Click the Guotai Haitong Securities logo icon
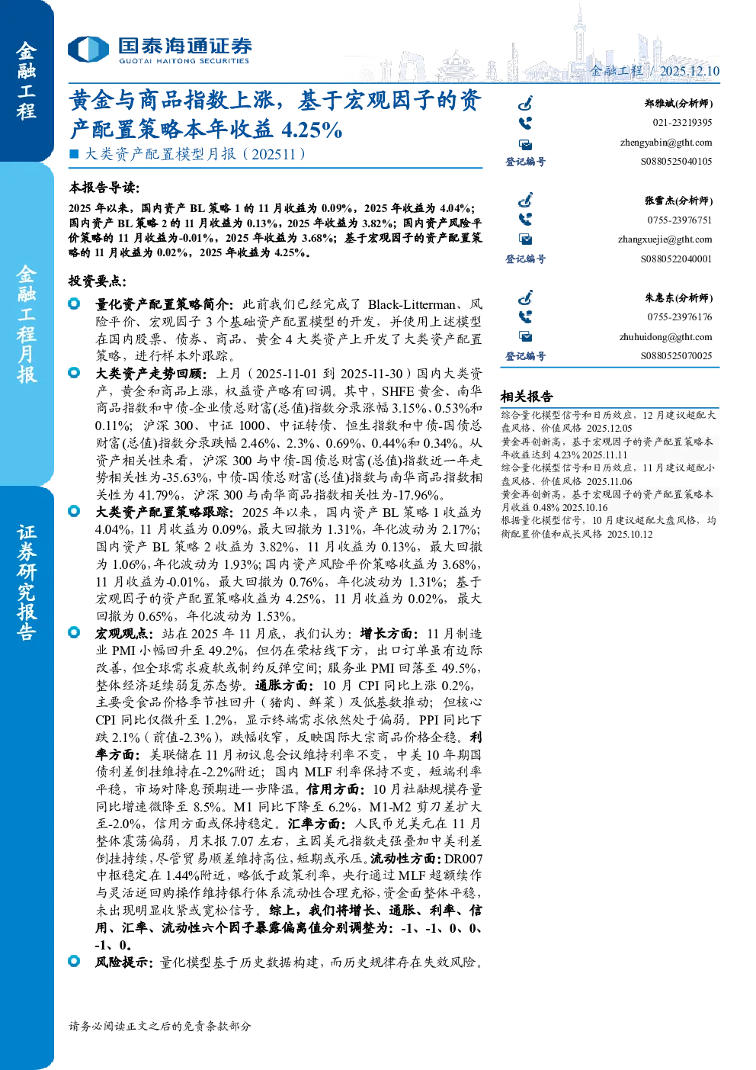click(88, 49)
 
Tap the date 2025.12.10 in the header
click(689, 71)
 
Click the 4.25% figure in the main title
click(312, 130)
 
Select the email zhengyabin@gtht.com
click(666, 143)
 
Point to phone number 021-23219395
click(682, 123)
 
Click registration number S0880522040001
click(676, 259)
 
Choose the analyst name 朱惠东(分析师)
click(678, 298)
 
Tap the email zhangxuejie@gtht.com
click(665, 239)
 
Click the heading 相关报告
click(527, 397)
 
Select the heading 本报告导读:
click(104, 188)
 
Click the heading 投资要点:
click(98, 281)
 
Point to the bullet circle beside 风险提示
click(74, 961)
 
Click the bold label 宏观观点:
click(124, 634)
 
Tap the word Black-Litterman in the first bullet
click(412, 305)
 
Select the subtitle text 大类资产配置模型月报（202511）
click(195, 154)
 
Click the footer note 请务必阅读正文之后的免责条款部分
click(159, 1026)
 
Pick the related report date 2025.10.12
click(629, 534)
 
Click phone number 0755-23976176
click(680, 317)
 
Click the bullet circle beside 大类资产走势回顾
click(74, 373)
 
